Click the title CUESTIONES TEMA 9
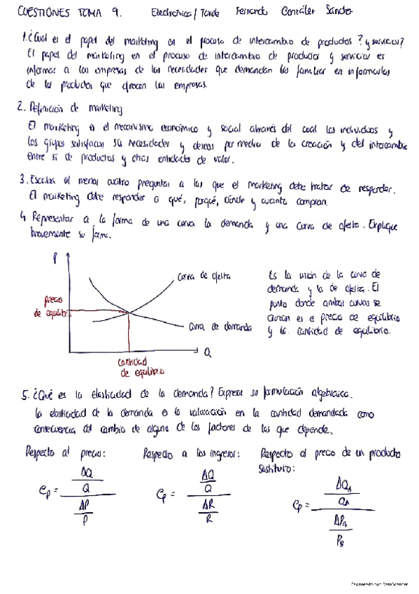click(x=59, y=13)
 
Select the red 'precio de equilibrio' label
click(x=51, y=305)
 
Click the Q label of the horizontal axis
click(x=207, y=355)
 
